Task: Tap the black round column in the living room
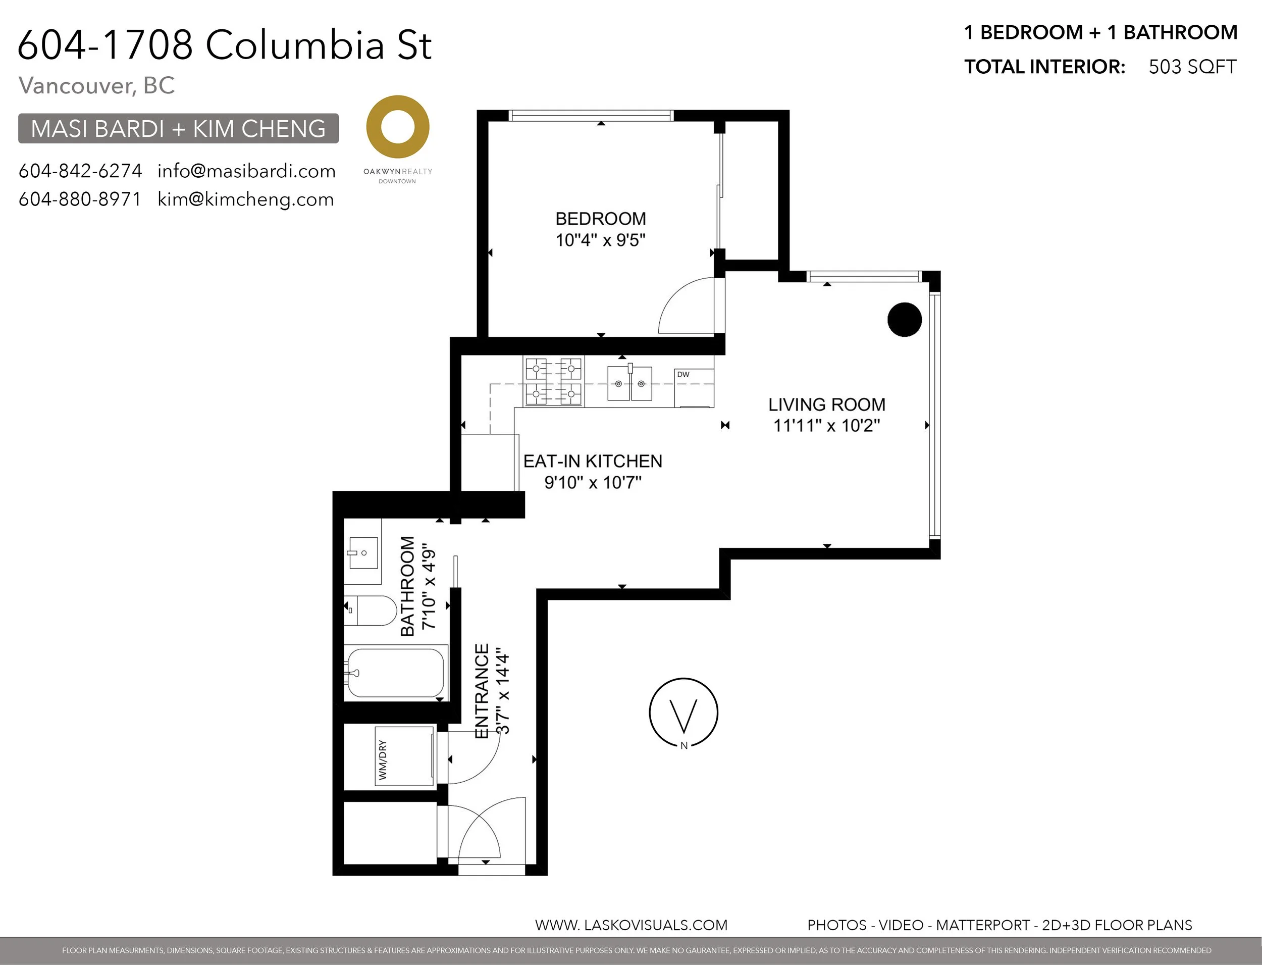904,319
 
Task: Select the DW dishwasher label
683,375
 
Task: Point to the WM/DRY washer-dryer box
405,756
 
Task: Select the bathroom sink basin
363,552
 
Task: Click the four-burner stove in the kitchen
553,382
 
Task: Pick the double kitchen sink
630,383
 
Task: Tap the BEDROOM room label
601,219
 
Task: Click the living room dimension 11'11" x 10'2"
827,426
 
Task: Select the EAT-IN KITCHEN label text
593,461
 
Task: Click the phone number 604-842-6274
80,171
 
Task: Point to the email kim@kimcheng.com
246,199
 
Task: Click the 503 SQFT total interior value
1192,67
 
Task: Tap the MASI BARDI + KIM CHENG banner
179,128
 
